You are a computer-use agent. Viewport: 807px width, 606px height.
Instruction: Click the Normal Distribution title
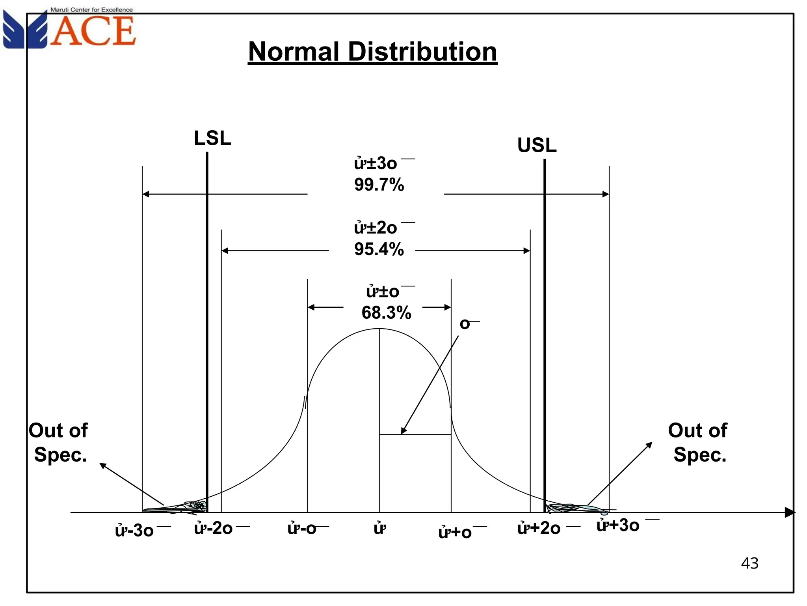[x=372, y=52]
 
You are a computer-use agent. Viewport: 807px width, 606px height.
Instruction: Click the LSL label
[x=212, y=138]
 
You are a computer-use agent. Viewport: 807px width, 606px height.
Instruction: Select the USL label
[x=537, y=145]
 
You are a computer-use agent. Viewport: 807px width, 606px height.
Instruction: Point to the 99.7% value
[x=379, y=185]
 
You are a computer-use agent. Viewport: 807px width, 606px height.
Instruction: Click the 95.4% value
[x=379, y=249]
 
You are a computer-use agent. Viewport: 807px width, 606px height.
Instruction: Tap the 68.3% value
[x=386, y=312]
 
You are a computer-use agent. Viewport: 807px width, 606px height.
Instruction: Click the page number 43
[x=749, y=563]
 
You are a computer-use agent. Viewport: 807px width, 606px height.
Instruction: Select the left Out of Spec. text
[x=59, y=442]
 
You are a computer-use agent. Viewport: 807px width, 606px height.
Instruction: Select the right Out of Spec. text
[x=698, y=442]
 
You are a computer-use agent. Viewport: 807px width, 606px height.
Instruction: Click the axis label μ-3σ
[x=134, y=531]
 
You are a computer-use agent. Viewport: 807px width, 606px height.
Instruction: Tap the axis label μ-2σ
[x=214, y=528]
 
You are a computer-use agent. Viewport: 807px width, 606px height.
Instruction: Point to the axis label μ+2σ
[x=539, y=528]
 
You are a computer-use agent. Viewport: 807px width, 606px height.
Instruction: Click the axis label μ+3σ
[x=618, y=525]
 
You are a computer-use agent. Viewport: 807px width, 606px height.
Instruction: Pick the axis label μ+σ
[x=455, y=532]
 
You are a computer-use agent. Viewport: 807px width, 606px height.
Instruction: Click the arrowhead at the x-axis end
[x=790, y=512]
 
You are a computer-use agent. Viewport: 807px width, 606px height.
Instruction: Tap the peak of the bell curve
[x=379, y=329]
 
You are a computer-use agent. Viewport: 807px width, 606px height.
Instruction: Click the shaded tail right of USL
[x=571, y=508]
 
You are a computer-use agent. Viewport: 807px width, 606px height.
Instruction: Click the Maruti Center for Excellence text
[x=91, y=9]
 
